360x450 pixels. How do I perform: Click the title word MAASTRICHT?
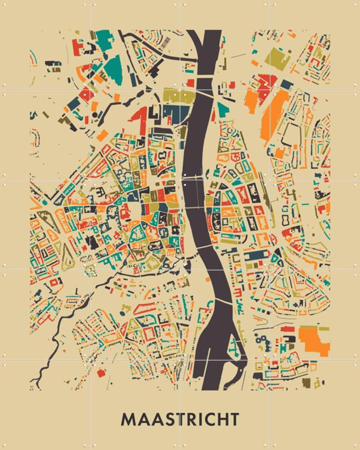point(180,419)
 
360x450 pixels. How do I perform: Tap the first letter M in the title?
point(127,419)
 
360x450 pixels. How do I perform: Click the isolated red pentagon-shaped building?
point(101,372)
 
